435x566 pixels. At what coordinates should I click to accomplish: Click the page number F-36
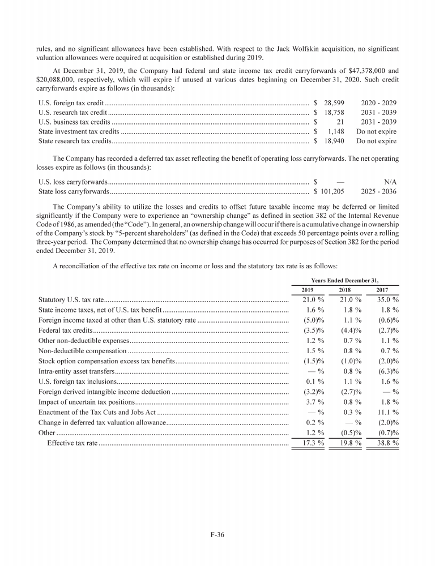point(217,536)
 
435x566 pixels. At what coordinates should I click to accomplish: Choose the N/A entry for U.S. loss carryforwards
point(390,182)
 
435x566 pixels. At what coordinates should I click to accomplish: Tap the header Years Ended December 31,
point(345,280)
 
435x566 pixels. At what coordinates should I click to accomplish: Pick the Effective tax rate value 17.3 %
point(310,443)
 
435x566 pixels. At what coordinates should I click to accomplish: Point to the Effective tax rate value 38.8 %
point(385,443)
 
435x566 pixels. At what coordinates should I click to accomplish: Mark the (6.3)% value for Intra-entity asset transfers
point(386,371)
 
